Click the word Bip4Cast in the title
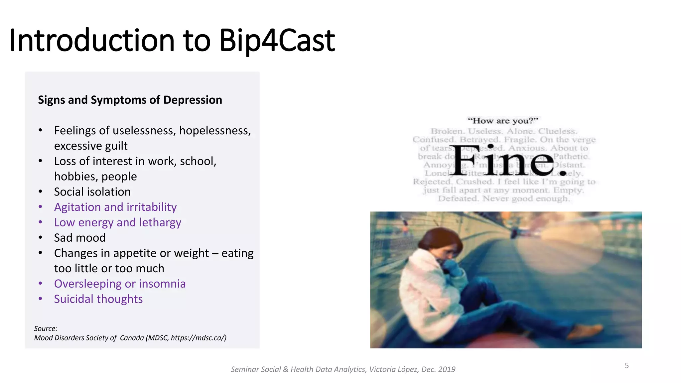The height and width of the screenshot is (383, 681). (x=277, y=41)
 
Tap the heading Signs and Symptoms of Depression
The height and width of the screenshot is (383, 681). (x=130, y=100)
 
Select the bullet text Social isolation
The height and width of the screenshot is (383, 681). (x=92, y=192)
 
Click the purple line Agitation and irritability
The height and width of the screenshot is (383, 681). (x=115, y=207)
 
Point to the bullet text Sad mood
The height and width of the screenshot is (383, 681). (x=80, y=238)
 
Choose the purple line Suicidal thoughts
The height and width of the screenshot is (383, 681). (x=98, y=299)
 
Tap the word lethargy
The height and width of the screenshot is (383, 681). (x=160, y=222)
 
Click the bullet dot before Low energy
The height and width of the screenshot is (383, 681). (x=40, y=222)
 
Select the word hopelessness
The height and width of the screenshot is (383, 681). (x=215, y=131)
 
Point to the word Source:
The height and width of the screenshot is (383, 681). (x=46, y=328)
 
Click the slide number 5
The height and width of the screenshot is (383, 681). (x=626, y=366)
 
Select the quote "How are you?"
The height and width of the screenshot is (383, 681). (x=502, y=121)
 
